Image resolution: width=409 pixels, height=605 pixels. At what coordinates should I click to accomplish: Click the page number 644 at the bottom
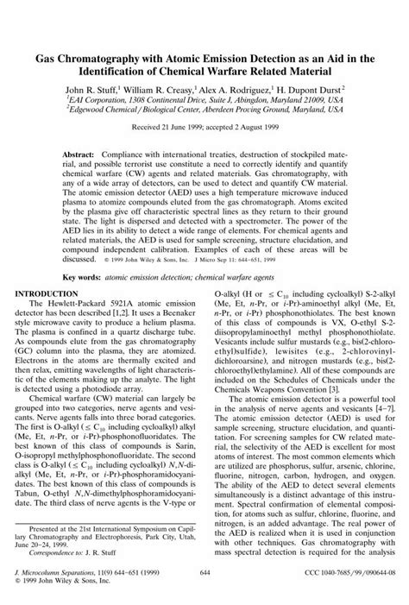(x=204, y=574)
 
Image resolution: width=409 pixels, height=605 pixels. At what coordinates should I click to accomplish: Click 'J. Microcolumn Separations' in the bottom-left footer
(x=60, y=574)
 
